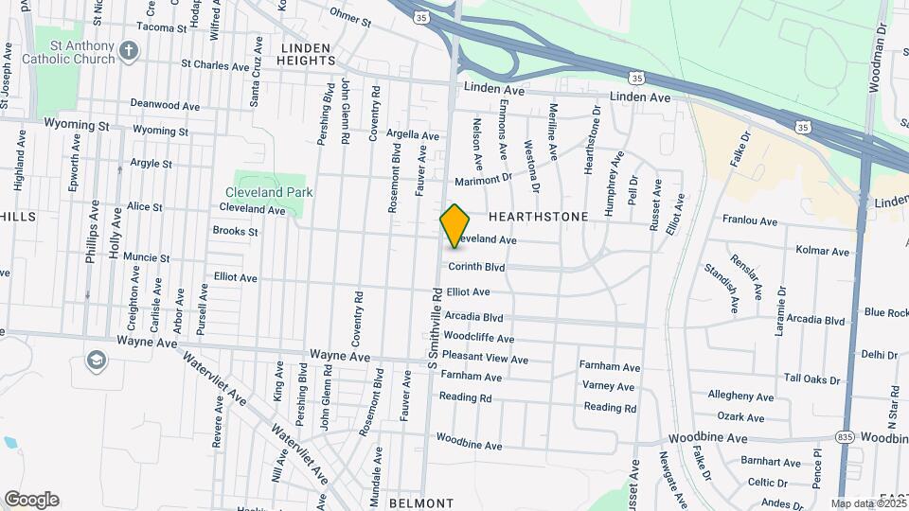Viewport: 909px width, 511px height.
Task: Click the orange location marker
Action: coord(455,225)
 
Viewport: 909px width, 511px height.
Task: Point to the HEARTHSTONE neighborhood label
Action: coord(538,217)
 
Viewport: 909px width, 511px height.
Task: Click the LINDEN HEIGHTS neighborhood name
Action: coord(304,54)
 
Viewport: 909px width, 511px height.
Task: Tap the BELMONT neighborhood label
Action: coord(415,502)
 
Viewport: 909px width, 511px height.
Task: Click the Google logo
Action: coord(31,500)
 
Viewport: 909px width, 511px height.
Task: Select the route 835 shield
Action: coord(846,436)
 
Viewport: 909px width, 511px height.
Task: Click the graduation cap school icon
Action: coord(96,361)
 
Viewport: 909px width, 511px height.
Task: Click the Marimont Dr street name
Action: coord(483,178)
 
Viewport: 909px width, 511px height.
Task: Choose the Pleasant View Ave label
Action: coord(485,360)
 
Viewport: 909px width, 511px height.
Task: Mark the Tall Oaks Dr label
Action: coord(811,379)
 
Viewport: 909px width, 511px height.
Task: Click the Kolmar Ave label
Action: coord(823,252)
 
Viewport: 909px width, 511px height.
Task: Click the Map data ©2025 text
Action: coord(866,503)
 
